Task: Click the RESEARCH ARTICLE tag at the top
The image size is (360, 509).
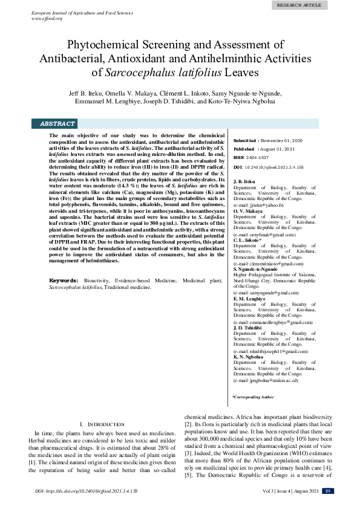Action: [x=299, y=5]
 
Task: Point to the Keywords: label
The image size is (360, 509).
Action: [x=64, y=281]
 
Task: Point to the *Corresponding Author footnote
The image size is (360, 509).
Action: [x=253, y=397]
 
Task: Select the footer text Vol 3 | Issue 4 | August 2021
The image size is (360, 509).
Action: [x=285, y=491]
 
